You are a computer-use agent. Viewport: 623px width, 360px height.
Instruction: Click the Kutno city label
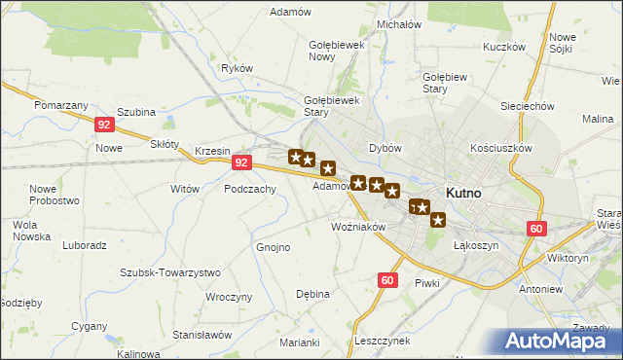click(463, 193)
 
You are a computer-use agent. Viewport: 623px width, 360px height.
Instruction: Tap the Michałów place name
click(397, 23)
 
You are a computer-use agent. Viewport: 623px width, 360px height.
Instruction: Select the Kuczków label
click(503, 47)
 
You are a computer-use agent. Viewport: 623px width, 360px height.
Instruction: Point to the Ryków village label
click(237, 68)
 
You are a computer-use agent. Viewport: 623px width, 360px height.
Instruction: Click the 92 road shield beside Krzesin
click(243, 163)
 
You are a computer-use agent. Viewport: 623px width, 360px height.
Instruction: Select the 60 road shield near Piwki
click(387, 280)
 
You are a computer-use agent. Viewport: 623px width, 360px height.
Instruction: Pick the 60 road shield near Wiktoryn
click(536, 229)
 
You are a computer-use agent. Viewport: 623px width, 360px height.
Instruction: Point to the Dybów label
click(385, 148)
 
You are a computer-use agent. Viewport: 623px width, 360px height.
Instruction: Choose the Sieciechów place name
click(527, 106)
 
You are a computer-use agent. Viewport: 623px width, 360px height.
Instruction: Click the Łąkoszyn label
click(476, 245)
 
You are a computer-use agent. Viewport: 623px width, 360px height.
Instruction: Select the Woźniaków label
click(359, 227)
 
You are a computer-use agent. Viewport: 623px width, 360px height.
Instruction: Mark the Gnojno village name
click(274, 247)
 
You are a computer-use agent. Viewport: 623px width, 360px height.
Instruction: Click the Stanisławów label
click(202, 334)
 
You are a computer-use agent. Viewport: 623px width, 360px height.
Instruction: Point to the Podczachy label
click(250, 190)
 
